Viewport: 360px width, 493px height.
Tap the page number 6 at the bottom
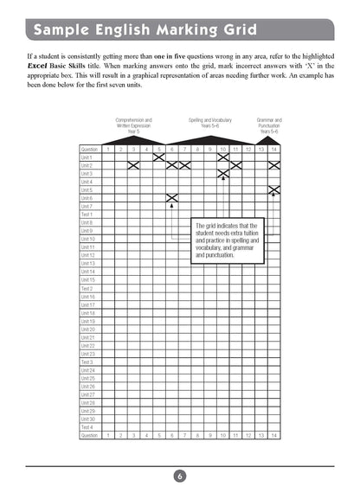179,475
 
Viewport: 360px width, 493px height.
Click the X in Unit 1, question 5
158,157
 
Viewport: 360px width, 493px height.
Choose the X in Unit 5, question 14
273,189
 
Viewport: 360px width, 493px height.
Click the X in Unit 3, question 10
222,173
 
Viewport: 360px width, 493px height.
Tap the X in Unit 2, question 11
235,165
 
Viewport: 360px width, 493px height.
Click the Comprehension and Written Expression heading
132,125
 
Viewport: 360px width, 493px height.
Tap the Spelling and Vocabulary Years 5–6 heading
210,125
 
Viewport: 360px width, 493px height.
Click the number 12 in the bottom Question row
247,436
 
